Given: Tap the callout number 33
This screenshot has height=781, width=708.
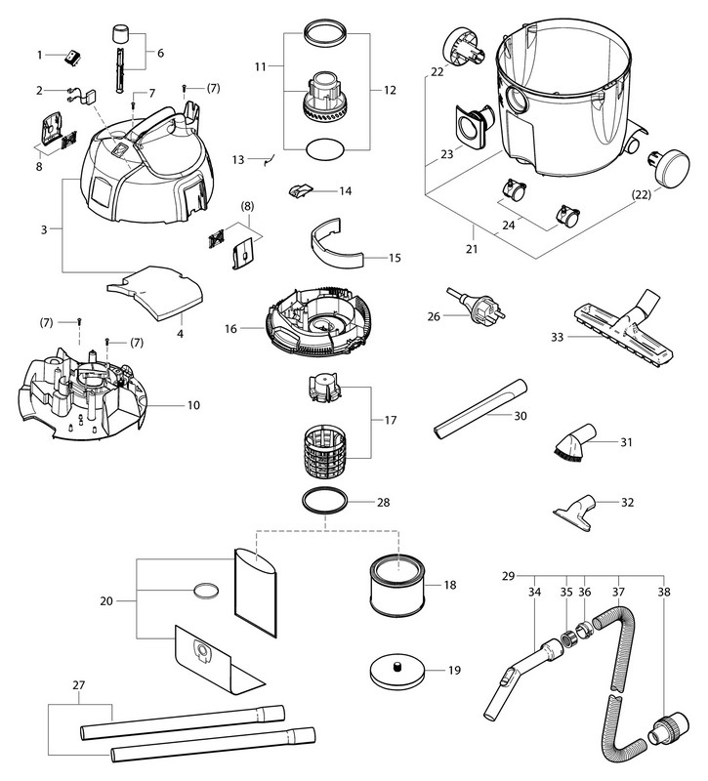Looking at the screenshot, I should click(558, 338).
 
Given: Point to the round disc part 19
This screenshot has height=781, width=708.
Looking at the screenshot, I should click(397, 674).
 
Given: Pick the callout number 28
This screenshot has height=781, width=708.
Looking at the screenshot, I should click(383, 503).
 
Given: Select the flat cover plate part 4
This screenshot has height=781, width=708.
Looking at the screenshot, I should click(155, 291).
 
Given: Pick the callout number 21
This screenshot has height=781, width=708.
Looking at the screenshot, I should click(473, 250).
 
